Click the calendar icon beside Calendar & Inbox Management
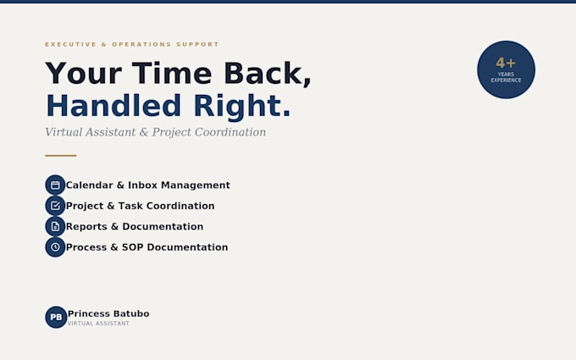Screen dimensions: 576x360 (x=55, y=185)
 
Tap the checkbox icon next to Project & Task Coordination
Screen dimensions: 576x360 (x=55, y=206)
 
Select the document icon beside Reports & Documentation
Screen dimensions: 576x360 (x=55, y=226)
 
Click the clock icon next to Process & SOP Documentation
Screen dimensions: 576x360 (x=55, y=246)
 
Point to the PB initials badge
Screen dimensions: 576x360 (x=56, y=317)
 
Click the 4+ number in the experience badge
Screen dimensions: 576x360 (x=506, y=64)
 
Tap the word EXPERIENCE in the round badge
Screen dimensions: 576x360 (x=506, y=80)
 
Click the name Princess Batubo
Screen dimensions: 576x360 (x=108, y=313)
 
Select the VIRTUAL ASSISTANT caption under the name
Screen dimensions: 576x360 (x=98, y=324)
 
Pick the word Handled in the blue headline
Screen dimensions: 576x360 (x=114, y=106)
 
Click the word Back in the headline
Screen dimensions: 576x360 (x=263, y=74)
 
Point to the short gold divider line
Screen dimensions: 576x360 (x=61, y=156)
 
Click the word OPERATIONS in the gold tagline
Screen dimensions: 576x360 (x=141, y=44)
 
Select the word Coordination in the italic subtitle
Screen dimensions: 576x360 (x=230, y=132)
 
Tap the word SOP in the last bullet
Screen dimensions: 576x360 (x=133, y=247)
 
